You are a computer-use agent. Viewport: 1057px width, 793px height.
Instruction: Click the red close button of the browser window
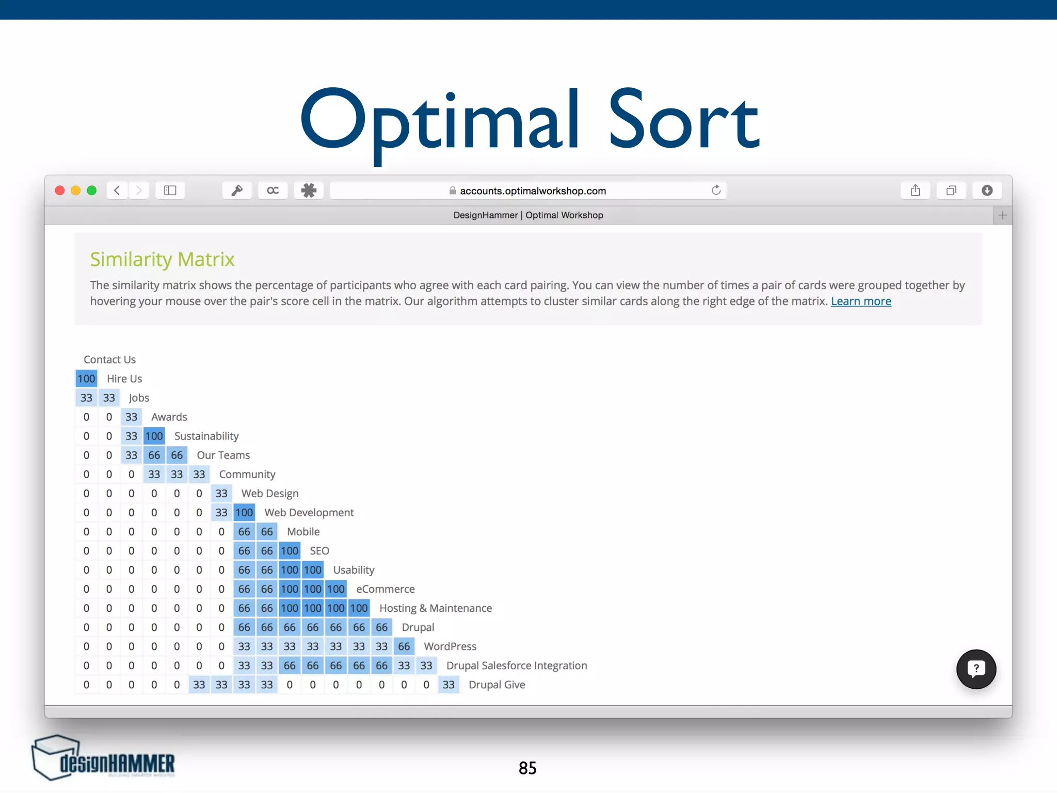point(60,191)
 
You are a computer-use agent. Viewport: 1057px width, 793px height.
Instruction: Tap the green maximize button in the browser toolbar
point(92,191)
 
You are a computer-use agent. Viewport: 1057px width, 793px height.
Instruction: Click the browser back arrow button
point(118,191)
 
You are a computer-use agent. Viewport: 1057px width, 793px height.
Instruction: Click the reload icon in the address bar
point(716,191)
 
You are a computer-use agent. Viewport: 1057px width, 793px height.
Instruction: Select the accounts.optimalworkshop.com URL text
point(533,191)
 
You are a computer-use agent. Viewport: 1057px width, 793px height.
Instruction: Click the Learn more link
point(861,302)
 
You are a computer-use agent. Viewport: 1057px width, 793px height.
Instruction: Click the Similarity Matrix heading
point(162,259)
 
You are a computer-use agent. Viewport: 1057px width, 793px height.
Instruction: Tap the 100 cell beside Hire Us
point(86,379)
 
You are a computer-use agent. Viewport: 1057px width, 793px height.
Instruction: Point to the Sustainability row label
point(206,436)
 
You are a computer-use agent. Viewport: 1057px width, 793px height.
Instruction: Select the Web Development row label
point(309,513)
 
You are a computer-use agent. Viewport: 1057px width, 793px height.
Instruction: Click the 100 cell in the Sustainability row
point(154,436)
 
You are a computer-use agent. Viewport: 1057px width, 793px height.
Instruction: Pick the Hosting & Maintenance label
point(436,608)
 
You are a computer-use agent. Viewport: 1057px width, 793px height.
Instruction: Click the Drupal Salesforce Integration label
point(517,665)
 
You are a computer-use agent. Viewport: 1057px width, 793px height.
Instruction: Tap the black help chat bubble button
point(976,669)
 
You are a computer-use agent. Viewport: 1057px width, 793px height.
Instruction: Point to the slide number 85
point(527,768)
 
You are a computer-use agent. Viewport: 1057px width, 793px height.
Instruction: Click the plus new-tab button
point(1002,215)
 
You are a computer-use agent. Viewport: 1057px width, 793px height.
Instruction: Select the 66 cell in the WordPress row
point(404,646)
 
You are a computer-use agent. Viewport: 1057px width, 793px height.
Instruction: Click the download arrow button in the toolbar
point(987,191)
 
